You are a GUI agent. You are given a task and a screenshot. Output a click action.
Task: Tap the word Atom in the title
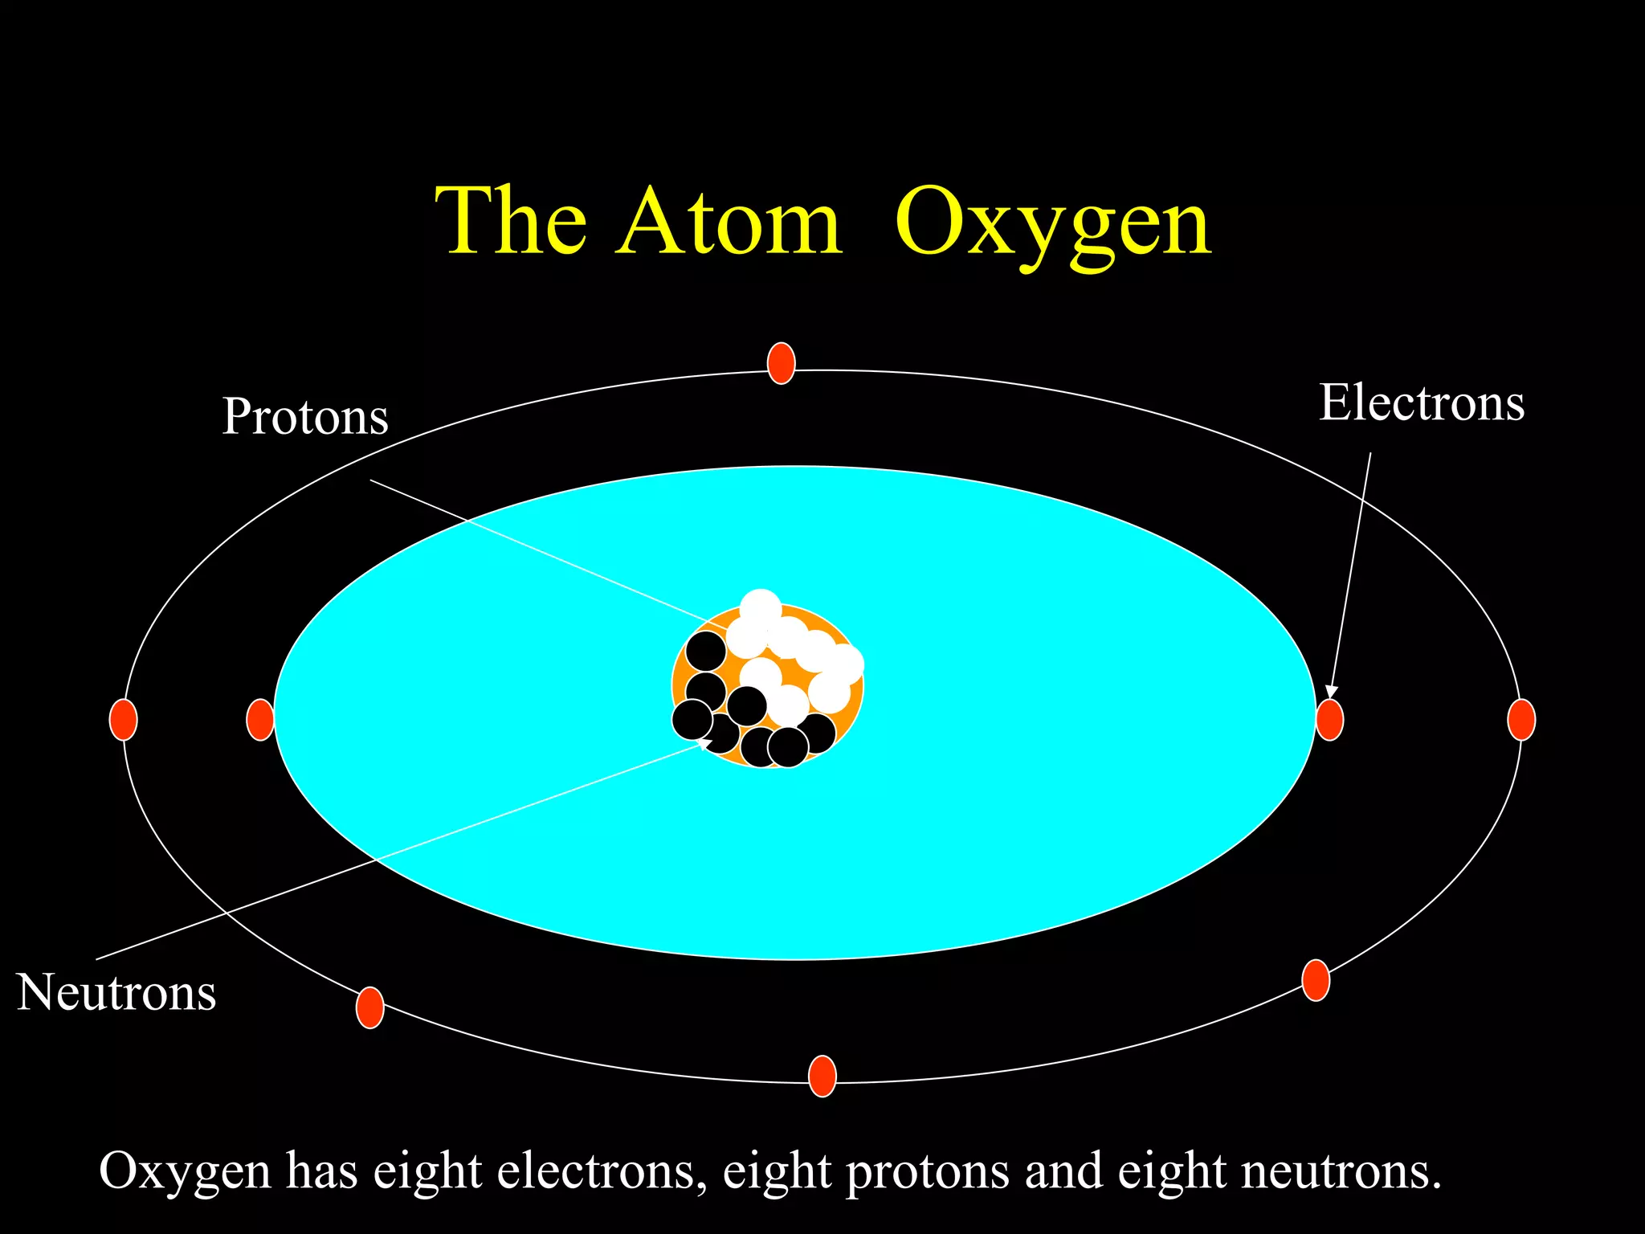(x=729, y=220)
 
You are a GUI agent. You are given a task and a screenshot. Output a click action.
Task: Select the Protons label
(x=305, y=416)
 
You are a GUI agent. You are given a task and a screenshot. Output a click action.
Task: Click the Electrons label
(x=1421, y=402)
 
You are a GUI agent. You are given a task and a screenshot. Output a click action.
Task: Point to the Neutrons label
(x=116, y=992)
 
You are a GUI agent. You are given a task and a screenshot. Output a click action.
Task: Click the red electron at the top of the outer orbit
(x=781, y=363)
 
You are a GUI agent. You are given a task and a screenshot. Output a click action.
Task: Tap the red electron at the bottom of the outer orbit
(x=822, y=1076)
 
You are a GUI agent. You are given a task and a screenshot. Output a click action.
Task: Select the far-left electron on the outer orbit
(x=123, y=719)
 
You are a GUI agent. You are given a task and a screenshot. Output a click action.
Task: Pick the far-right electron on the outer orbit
(x=1521, y=719)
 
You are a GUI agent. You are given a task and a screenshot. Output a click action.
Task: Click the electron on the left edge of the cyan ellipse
(x=259, y=719)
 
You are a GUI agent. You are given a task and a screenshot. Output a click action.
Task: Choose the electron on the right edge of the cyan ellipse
(x=1329, y=719)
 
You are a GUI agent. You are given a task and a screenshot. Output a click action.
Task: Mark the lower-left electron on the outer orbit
(x=369, y=1007)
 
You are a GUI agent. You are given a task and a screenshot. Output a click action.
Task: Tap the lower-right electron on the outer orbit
(x=1315, y=980)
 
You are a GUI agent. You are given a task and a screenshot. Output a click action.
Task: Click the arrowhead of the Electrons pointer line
(x=1331, y=692)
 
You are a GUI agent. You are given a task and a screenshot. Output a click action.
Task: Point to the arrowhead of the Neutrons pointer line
(x=704, y=743)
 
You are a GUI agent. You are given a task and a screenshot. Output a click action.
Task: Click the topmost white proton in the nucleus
(x=760, y=609)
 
